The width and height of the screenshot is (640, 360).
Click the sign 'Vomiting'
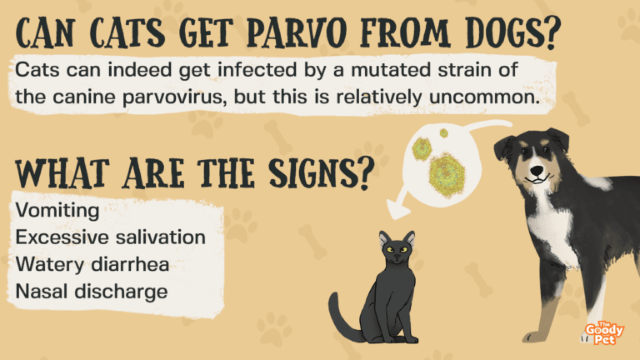tap(57, 211)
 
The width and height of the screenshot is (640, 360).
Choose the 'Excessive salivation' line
tap(110, 237)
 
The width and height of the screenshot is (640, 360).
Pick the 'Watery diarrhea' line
tap(92, 264)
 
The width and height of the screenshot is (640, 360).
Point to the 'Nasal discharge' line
tap(92, 292)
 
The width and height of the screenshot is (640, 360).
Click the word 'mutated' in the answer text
tap(390, 70)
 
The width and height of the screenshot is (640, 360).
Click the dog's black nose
tap(537, 170)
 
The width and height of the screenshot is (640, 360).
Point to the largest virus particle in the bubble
tap(447, 175)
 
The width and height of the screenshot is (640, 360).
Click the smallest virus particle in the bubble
tap(443, 133)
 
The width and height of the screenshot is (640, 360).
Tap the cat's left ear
tap(383, 239)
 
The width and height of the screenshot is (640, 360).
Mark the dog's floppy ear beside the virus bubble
tap(504, 147)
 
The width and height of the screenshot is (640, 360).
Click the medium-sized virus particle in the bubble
tap(422, 148)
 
